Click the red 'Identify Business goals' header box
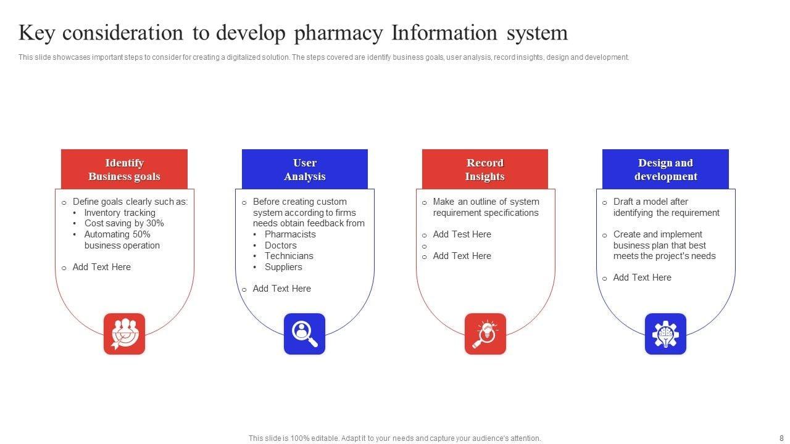(x=124, y=169)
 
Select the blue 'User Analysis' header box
(x=304, y=169)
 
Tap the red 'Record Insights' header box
(x=484, y=169)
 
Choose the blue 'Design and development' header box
(x=665, y=169)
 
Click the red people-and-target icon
(x=124, y=334)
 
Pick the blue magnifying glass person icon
(x=304, y=334)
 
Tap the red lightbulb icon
(x=485, y=334)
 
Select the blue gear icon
(x=665, y=334)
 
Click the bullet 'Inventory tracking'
(x=120, y=213)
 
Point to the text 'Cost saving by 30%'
(x=124, y=223)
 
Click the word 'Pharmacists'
(x=290, y=234)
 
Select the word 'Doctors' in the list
(x=281, y=245)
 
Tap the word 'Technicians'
(x=289, y=256)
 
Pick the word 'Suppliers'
(x=283, y=267)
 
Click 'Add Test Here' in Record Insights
(x=462, y=234)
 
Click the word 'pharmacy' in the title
(x=338, y=33)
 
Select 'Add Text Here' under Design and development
(x=642, y=277)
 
